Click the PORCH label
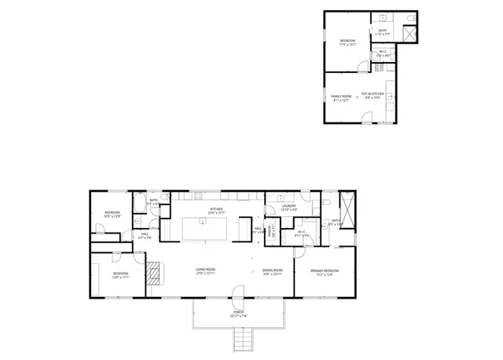coord(238,314)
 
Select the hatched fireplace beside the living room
coord(154,273)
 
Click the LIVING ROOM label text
coord(206,272)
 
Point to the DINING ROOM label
coord(272,272)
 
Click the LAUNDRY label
coord(288,208)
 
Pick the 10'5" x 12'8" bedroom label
coord(112,214)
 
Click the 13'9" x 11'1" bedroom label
coord(120,275)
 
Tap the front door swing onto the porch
coord(236,292)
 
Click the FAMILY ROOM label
coord(340,97)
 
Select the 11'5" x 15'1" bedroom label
coord(348,42)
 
